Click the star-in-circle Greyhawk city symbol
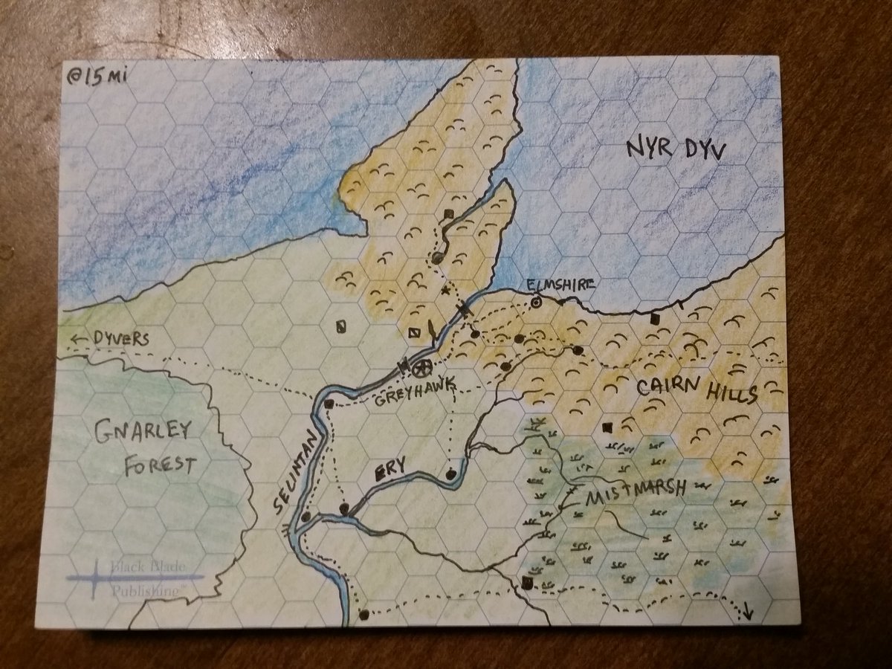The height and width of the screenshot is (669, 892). [421, 367]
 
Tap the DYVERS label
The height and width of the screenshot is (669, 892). [122, 338]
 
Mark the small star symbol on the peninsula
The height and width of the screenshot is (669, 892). [447, 289]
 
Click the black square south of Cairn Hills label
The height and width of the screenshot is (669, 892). [607, 427]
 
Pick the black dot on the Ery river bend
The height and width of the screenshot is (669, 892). [450, 473]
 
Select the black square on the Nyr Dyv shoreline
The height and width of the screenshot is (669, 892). [655, 319]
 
